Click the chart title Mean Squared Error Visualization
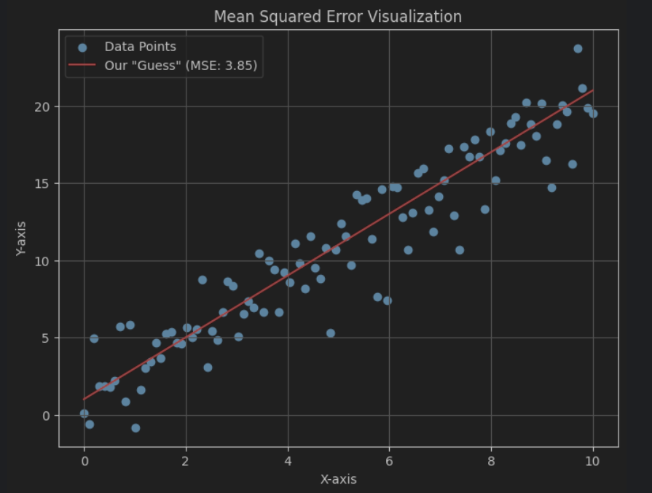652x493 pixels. click(337, 16)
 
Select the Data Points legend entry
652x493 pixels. click(140, 47)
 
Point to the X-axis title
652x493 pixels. click(338, 479)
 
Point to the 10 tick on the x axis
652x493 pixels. click(592, 461)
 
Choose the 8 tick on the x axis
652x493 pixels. click(491, 461)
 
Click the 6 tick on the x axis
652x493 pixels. click(389, 461)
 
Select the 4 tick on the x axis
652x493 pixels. click(288, 461)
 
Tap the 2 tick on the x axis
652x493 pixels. click(186, 461)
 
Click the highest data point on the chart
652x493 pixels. click(578, 49)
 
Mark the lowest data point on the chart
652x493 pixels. click(135, 428)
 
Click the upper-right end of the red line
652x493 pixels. click(592, 90)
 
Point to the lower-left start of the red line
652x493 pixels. click(85, 400)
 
